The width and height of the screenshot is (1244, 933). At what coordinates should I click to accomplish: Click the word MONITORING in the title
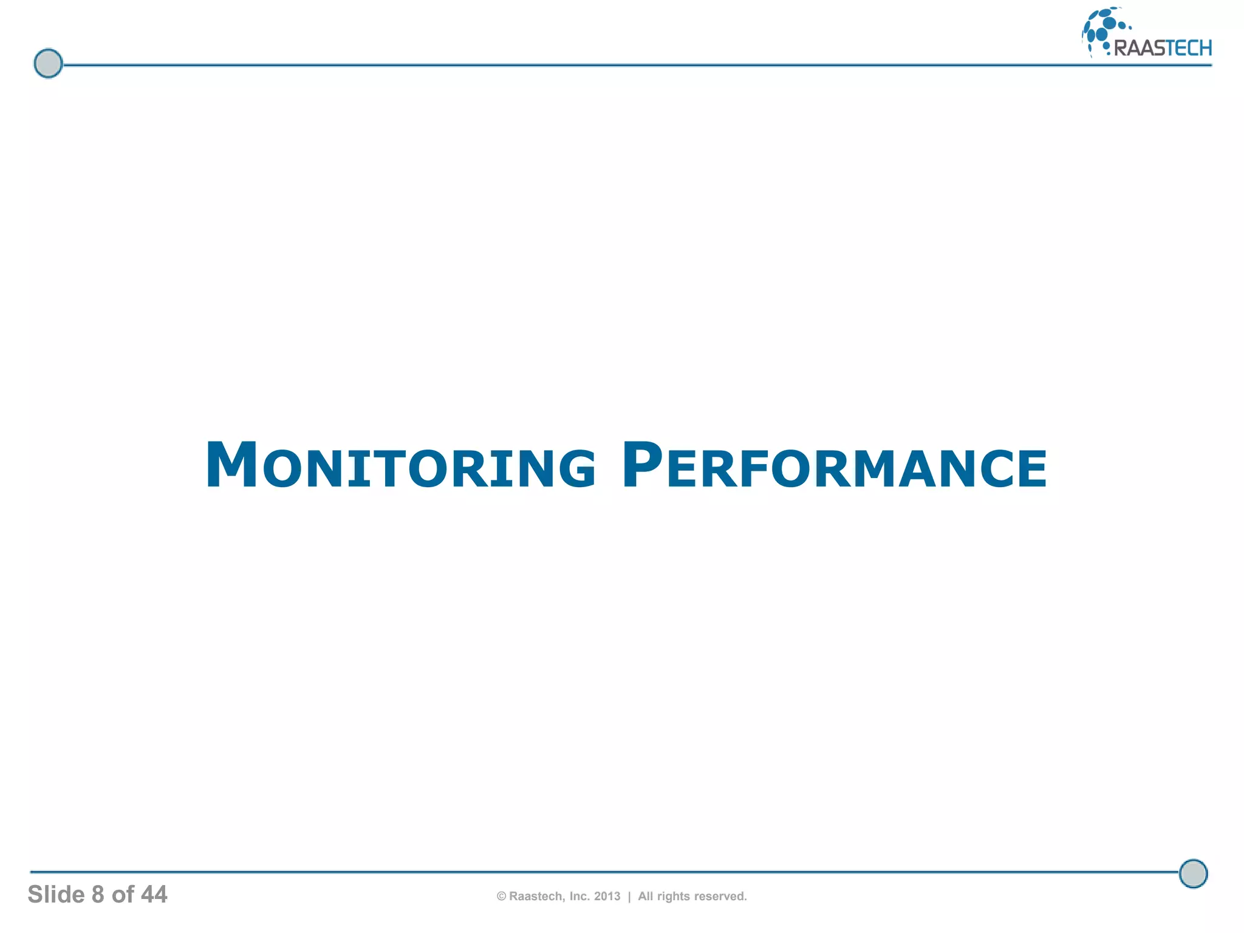(401, 466)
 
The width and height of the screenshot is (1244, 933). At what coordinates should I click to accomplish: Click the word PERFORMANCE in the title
(835, 466)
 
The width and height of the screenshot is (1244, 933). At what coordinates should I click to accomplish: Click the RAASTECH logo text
(1163, 48)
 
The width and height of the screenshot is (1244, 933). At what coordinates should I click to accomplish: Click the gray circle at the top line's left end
(48, 63)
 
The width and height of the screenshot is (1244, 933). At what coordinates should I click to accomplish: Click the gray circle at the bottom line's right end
(1193, 873)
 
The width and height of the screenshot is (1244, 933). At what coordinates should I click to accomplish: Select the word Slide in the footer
(56, 895)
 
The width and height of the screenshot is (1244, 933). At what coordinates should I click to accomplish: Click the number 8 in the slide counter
(98, 895)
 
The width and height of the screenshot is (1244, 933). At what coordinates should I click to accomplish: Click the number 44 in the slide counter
(154, 895)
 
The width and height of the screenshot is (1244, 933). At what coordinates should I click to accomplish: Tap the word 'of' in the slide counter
(123, 895)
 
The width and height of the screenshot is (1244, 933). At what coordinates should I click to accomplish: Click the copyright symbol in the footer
(501, 897)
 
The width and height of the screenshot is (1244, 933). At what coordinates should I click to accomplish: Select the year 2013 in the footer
(607, 897)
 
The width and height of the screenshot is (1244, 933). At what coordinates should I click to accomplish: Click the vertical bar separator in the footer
(629, 897)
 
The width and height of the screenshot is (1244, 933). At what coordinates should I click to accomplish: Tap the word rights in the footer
(673, 897)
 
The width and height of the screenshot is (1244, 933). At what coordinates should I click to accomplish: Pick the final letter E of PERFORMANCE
(1032, 468)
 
